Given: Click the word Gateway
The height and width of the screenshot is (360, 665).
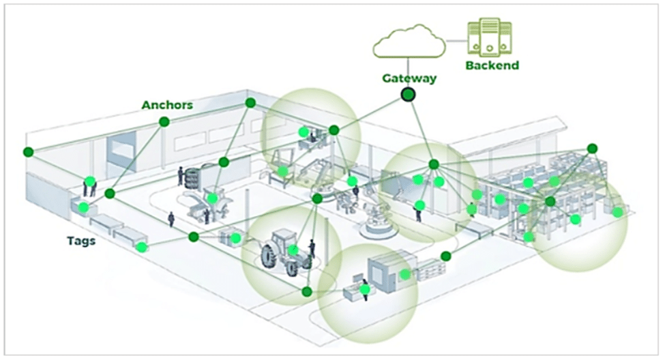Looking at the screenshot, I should tap(408, 78).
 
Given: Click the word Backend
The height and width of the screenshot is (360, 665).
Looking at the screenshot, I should tap(492, 65).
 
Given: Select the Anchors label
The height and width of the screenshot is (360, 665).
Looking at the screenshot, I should tap(167, 105).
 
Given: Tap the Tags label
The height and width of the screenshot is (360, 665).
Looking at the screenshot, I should tap(80, 240).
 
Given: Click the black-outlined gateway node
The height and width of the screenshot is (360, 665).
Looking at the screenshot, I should tap(409, 95).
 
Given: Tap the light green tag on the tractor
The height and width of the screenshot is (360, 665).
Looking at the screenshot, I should tap(293, 250).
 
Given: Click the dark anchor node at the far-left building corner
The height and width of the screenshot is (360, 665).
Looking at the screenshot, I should tap(28, 151).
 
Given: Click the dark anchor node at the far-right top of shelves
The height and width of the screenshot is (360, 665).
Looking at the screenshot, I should tap(592, 148).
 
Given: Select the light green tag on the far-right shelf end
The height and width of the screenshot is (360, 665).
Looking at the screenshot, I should tap(617, 212).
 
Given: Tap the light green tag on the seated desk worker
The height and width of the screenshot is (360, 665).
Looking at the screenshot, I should tap(366, 289).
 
